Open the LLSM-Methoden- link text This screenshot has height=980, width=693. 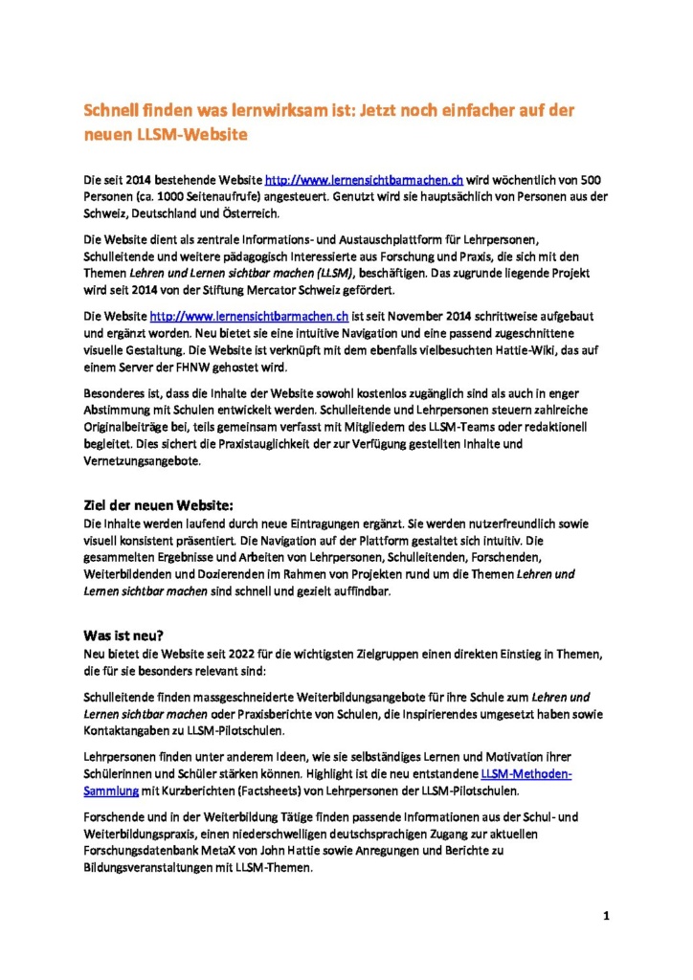525,772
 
